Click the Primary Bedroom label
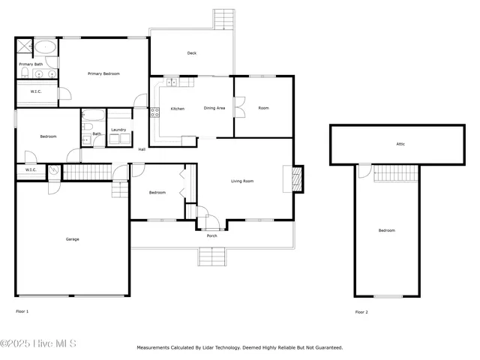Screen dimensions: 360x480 coord(104,73)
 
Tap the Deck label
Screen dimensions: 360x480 coord(192,53)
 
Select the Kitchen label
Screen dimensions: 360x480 coord(178,108)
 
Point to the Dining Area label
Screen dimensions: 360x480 coord(214,108)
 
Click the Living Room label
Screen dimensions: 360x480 coord(241,181)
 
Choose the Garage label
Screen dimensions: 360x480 coord(72,239)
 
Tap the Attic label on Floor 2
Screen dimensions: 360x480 coord(400,143)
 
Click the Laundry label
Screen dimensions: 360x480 coord(118,130)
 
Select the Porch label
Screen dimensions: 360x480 coord(212,235)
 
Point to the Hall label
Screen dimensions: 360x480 coord(142,149)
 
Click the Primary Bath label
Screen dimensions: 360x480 coord(31,64)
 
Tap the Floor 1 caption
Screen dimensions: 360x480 coord(22,310)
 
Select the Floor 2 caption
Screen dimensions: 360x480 coord(361,311)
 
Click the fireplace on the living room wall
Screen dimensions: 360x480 coord(297,179)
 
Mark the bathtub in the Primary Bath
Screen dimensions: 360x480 coord(46,46)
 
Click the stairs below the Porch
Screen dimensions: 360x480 coord(212,257)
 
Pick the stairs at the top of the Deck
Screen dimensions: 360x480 coord(224,19)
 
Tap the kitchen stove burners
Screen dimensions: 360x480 coord(155,113)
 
